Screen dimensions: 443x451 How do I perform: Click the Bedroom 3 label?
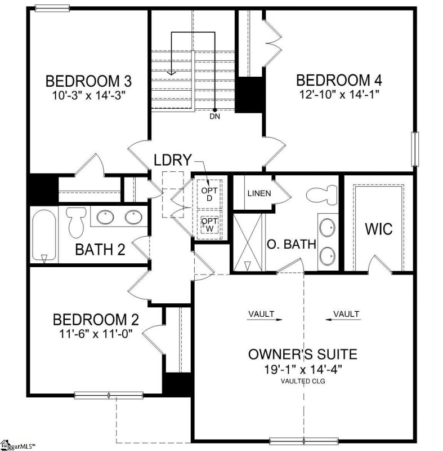coord(88,81)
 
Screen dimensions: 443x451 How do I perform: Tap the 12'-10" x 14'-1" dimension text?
coord(339,94)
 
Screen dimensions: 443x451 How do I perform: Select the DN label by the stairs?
coord(215,117)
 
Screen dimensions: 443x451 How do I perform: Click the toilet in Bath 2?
coord(76,222)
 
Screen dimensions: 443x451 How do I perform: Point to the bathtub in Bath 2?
coord(44,235)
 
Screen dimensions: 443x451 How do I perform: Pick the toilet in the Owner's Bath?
coord(321,194)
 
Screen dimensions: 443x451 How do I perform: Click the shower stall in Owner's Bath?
coord(248,242)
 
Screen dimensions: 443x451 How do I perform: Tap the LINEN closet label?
coord(259,193)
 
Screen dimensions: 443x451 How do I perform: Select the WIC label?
coord(379,229)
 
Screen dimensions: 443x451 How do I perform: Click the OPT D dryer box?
coord(209,194)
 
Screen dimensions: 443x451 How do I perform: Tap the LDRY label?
coord(173,160)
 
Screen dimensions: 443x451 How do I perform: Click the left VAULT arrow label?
coord(264,316)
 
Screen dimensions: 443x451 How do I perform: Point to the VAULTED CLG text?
coord(303,381)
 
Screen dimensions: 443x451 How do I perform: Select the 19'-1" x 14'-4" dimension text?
coord(303,369)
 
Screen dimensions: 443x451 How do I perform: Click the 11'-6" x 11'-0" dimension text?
coord(96,334)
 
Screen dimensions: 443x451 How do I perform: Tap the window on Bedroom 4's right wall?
coord(415,149)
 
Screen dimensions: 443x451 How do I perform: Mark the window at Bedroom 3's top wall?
coord(52,8)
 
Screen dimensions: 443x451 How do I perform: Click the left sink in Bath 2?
coord(105,217)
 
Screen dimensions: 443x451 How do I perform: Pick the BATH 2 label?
coord(100,249)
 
